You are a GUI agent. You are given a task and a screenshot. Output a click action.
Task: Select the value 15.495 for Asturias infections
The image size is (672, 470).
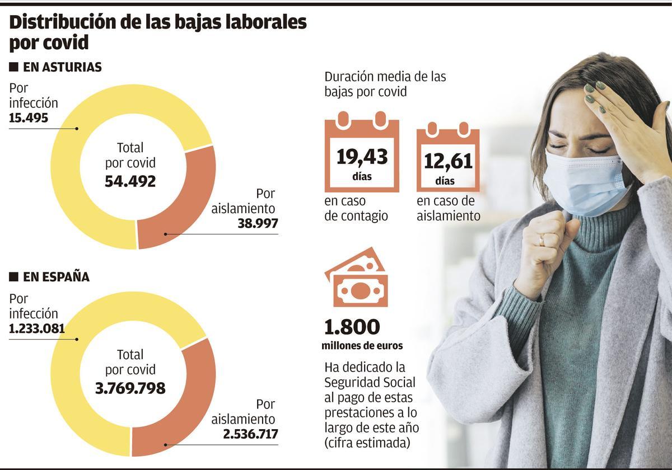pos(29,118)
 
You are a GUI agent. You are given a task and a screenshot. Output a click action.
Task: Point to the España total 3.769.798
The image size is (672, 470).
pos(130,388)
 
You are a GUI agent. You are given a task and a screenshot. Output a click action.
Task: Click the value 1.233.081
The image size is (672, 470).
pos(37,328)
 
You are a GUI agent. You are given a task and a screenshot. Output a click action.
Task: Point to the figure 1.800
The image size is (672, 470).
pos(352,327)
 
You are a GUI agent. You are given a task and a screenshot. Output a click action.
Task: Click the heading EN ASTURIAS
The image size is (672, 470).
pos(62,67)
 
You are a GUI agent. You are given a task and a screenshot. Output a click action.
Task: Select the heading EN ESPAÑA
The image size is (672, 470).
pos(55,277)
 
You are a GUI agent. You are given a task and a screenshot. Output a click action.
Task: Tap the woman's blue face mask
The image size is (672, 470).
pos(582,182)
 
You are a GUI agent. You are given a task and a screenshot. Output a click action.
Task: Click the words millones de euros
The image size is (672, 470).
pos(362,346)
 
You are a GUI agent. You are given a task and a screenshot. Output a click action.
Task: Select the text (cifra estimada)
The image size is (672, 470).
pos(367,443)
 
